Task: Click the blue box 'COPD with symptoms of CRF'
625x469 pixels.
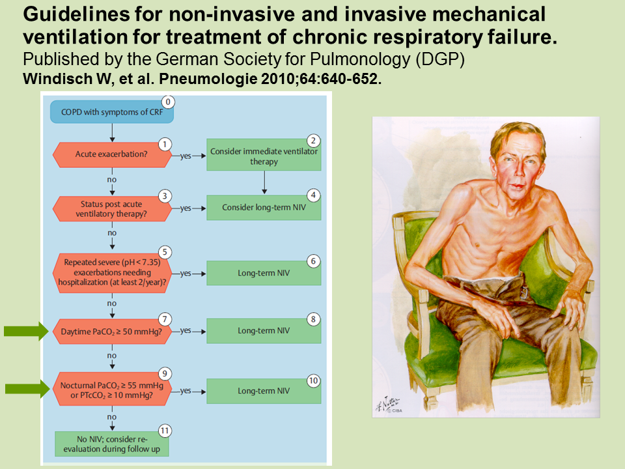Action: coord(111,112)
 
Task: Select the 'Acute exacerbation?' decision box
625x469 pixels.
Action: coord(111,154)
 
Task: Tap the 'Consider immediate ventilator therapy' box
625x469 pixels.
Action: coord(264,155)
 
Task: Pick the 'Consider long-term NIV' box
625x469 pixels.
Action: coord(264,207)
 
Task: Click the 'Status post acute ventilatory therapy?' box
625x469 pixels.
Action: coord(111,208)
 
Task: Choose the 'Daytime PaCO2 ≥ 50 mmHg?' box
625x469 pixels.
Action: coord(111,332)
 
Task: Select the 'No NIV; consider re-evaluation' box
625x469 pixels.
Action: coord(111,444)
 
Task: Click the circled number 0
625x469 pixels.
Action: coord(168,102)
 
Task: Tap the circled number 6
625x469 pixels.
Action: coord(313,261)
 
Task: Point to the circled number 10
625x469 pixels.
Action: coord(313,381)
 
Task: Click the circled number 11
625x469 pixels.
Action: coord(165,431)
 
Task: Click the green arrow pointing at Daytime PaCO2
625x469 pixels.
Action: coord(26,331)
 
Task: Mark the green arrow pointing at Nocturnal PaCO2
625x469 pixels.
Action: coord(27,389)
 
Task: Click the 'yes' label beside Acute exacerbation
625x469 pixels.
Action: coord(186,156)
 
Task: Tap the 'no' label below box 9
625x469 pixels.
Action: coord(111,417)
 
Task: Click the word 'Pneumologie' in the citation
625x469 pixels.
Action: coord(208,79)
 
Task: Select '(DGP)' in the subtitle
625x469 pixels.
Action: coord(440,59)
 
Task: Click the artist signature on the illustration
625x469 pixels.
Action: coord(388,405)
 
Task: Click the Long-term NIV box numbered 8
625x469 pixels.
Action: coord(264,331)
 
